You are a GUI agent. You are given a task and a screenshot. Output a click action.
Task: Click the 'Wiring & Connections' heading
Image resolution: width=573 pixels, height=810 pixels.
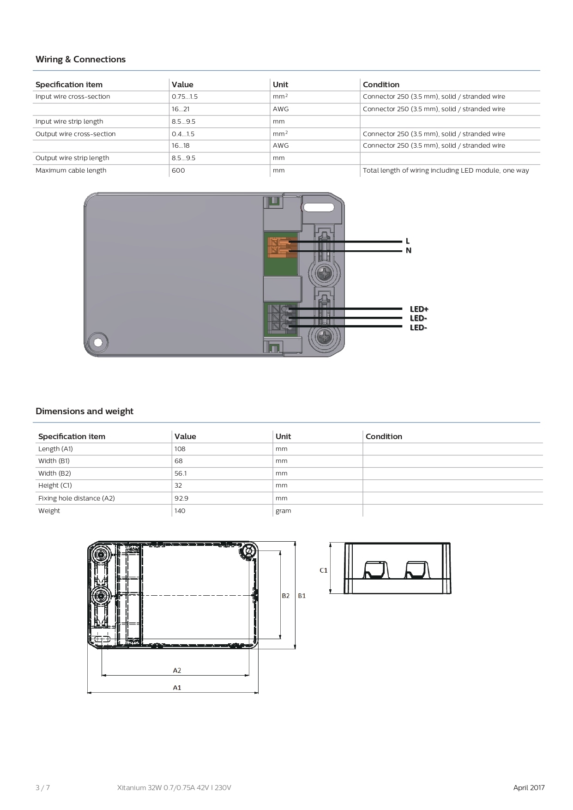[x=80, y=60]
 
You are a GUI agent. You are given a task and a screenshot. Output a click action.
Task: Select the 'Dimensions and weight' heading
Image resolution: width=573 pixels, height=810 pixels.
[x=84, y=411]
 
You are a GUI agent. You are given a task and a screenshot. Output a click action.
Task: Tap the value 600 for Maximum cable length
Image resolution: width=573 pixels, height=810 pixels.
[x=178, y=170]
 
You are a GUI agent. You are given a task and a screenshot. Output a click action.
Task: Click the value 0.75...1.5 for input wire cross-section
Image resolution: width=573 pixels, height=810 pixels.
[x=185, y=97]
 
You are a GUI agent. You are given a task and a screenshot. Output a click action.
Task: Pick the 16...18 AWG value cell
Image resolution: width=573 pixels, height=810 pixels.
[x=181, y=146]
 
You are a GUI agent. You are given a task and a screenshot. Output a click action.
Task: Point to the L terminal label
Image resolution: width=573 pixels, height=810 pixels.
[x=407, y=241]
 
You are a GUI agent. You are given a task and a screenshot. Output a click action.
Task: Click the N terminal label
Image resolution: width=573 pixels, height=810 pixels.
[x=408, y=251]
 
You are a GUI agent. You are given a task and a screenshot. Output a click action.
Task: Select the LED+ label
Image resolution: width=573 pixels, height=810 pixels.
[x=419, y=309]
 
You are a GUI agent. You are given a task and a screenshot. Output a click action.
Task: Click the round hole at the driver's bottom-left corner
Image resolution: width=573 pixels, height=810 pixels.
[x=98, y=342]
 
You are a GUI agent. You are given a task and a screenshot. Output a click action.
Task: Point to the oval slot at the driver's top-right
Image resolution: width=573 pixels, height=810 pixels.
[x=318, y=207]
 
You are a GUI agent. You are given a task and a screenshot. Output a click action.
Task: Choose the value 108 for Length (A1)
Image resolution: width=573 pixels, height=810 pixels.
[x=180, y=449]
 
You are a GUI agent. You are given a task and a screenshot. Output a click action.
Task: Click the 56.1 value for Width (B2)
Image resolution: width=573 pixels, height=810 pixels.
[x=181, y=473]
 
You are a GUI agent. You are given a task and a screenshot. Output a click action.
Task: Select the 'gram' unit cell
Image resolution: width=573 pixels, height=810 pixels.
[x=283, y=511]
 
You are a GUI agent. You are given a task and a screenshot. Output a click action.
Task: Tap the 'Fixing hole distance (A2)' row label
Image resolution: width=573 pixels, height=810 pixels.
[x=77, y=498]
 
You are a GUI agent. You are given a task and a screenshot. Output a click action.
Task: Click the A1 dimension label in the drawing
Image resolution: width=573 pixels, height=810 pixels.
[x=177, y=688]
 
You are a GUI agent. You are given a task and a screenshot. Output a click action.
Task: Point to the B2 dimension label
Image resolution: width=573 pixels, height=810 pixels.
[x=286, y=596]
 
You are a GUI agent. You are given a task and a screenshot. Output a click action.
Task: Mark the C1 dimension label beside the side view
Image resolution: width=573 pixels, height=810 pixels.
[x=323, y=570]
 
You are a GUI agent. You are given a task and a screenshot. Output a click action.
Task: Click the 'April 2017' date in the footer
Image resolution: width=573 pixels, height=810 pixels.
[x=529, y=787]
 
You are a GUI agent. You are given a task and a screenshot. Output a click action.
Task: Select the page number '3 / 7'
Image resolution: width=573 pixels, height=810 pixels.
[x=42, y=787]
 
